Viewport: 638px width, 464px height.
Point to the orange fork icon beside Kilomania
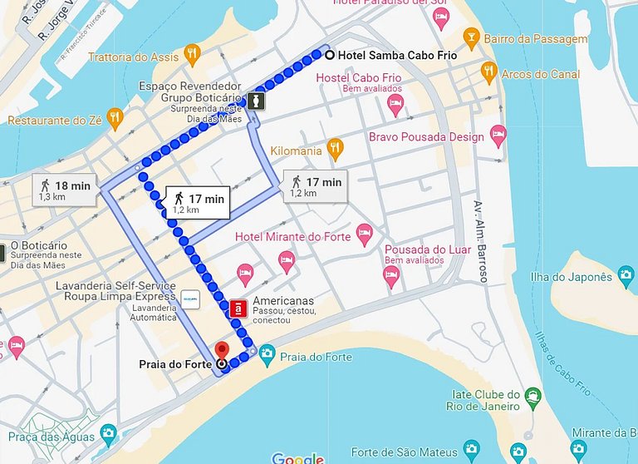335,150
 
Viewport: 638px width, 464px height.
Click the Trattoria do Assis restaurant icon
193,56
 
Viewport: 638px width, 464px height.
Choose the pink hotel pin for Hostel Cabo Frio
395,105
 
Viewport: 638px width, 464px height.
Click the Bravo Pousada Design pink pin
498,136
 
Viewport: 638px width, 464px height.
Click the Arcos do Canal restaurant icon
489,73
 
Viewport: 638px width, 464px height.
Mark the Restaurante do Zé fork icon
115,120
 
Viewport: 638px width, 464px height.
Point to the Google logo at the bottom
297,458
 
